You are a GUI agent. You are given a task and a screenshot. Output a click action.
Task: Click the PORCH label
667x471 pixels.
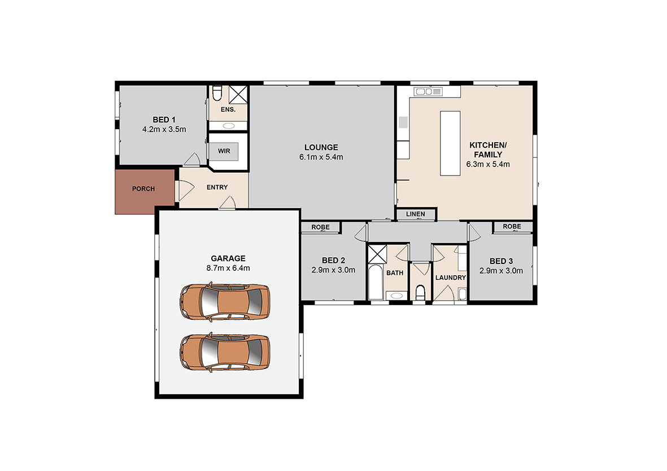(143, 189)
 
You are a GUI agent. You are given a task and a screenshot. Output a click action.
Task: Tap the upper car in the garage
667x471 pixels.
(225, 301)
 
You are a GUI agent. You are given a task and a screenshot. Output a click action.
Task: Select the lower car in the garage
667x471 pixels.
(225, 352)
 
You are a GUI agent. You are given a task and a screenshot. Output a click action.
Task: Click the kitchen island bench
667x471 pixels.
(450, 143)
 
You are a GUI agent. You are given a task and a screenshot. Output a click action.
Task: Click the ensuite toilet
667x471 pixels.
(217, 93)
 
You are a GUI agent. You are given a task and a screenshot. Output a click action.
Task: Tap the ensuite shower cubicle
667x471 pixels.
(238, 94)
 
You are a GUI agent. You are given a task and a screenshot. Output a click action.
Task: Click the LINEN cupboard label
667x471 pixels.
(416, 214)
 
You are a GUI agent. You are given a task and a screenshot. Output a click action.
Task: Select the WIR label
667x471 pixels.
(224, 151)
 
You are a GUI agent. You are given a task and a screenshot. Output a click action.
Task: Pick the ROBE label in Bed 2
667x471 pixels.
(320, 227)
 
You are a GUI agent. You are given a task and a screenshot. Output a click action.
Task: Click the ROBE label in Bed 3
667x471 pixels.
(512, 226)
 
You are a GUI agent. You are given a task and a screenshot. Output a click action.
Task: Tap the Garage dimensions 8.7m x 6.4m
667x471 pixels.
(228, 268)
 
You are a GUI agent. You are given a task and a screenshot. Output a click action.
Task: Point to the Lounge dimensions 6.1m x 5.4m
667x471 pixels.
(321, 157)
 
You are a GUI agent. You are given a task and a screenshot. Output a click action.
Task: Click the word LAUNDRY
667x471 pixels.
(451, 278)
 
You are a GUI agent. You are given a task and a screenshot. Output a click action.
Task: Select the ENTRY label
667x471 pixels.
(217, 187)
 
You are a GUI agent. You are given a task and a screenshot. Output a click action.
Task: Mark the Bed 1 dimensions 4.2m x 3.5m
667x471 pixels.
(164, 129)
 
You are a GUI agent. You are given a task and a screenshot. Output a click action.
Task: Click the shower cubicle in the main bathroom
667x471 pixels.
(377, 254)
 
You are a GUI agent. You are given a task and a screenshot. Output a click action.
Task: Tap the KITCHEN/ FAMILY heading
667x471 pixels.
(488, 149)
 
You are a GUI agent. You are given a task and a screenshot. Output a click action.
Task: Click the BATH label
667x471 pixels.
(395, 273)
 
